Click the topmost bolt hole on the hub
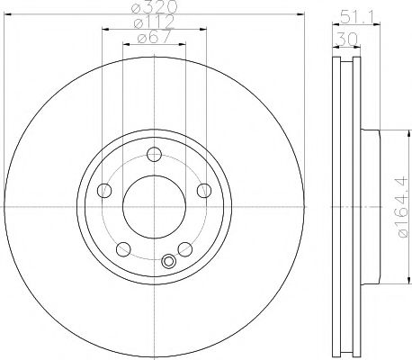[x=154, y=153]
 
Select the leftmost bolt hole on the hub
[x=104, y=190]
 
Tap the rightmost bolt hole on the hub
[x=204, y=190]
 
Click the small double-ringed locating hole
[x=168, y=263]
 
